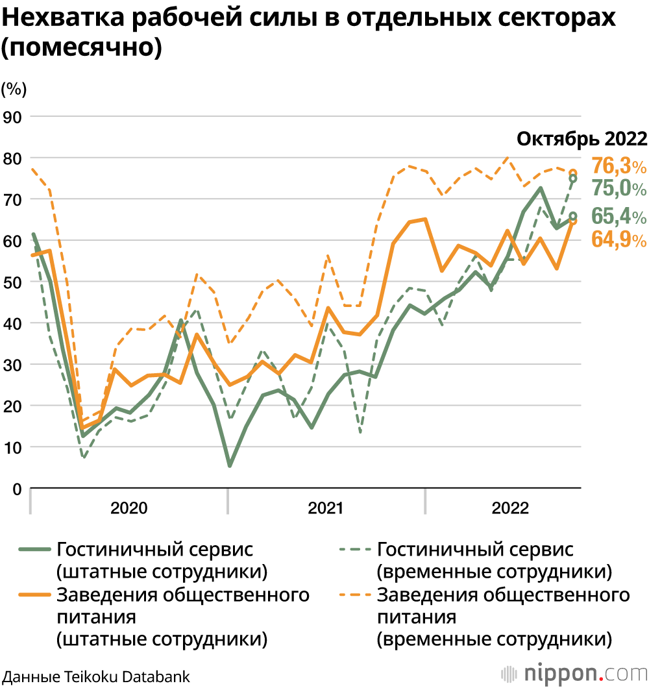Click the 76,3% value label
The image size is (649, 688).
pos(618,166)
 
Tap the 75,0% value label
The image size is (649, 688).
pos(618,188)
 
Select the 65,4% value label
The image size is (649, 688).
pos(618,216)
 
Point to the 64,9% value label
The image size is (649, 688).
pos(618,239)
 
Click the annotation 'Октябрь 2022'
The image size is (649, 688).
pos(582,139)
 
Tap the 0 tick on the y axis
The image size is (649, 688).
pos(18,489)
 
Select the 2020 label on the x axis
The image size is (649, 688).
pos(129,508)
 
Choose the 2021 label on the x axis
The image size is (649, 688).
pos(325,508)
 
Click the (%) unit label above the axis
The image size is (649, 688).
pos(14,89)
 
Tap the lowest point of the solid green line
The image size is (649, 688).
pos(230,466)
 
